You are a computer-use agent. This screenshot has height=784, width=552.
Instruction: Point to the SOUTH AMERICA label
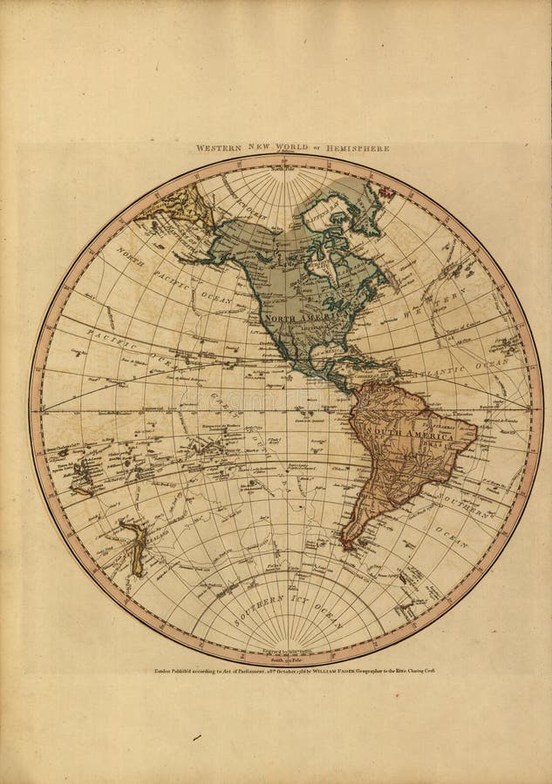[x=400, y=432]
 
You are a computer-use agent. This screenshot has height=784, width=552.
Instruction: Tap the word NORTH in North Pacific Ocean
[x=130, y=258]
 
